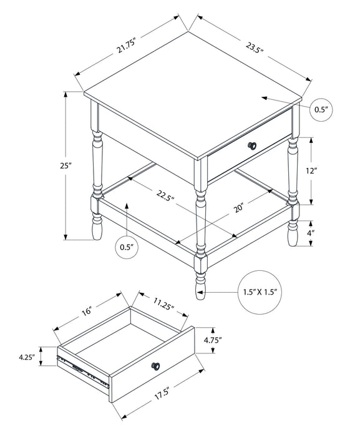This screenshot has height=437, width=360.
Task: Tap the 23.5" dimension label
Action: (x=253, y=47)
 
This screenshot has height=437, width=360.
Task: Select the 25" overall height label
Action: (x=67, y=166)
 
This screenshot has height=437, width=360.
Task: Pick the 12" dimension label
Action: (x=313, y=170)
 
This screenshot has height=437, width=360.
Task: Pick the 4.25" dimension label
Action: (x=25, y=358)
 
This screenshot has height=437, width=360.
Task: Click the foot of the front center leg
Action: (x=200, y=284)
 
